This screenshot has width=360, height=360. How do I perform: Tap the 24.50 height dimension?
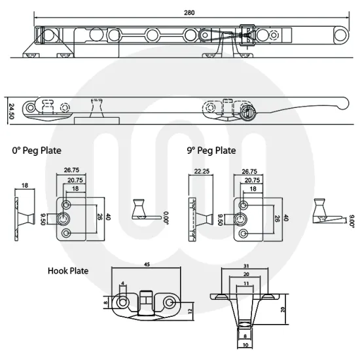click(x=12, y=109)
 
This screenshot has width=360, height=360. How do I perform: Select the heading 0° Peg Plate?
click(x=37, y=151)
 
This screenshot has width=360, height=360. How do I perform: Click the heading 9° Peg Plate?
click(x=211, y=151)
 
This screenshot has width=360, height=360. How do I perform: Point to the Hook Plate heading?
click(x=67, y=270)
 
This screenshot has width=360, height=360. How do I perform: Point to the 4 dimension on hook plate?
click(x=122, y=283)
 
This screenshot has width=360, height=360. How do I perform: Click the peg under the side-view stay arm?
click(x=99, y=111)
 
